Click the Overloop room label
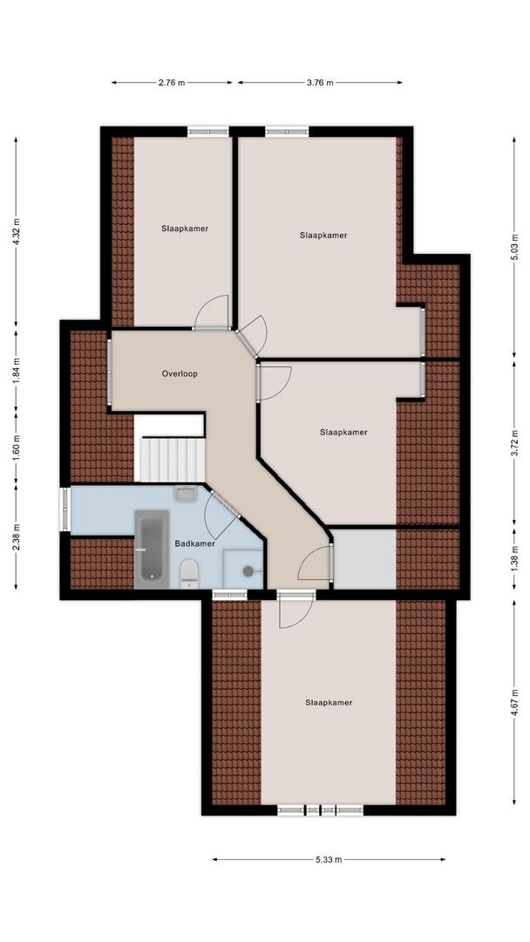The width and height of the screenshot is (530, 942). click(x=180, y=373)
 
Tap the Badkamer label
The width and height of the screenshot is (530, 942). click(x=195, y=543)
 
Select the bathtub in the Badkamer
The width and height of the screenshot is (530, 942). click(x=151, y=549)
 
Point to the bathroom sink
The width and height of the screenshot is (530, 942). click(x=186, y=494)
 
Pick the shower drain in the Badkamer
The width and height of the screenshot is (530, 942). click(x=248, y=570)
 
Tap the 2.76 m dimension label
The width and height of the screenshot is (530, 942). click(x=172, y=83)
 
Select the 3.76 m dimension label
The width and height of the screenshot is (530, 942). click(x=320, y=83)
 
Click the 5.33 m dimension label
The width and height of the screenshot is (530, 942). click(x=329, y=860)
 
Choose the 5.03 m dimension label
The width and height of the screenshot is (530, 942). click(x=514, y=246)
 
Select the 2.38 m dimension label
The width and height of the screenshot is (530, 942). click(x=17, y=537)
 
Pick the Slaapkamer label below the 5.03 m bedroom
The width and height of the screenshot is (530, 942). click(x=343, y=432)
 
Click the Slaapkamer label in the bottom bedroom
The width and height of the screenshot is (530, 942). click(x=329, y=702)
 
